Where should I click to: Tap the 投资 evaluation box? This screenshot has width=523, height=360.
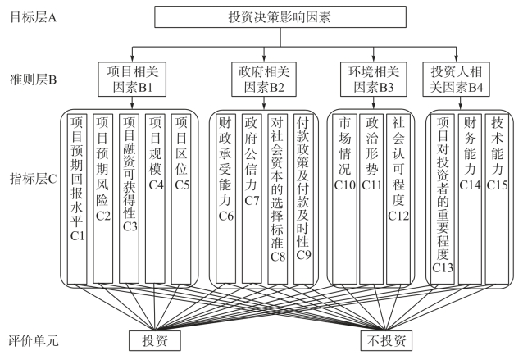pyautogui.click(x=157, y=340)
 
